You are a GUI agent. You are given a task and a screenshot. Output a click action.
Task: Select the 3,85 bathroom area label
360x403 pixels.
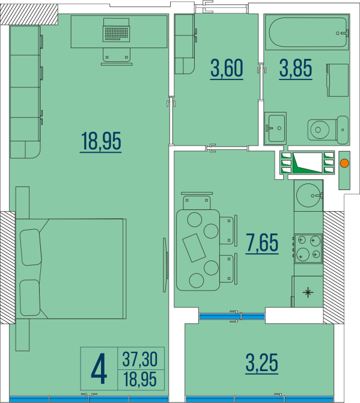tap(295, 69)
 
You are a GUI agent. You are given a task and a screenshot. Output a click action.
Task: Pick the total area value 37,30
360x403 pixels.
tap(139, 360)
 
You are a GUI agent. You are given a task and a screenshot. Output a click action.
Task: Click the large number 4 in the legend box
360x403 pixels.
tap(99, 369)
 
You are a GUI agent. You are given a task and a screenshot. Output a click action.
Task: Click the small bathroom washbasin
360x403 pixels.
tap(276, 127)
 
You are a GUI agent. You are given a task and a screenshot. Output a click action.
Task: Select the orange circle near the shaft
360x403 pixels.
tap(345, 162)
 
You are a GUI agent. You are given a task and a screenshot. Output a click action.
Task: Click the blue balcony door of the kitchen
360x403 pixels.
tap(231, 315)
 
